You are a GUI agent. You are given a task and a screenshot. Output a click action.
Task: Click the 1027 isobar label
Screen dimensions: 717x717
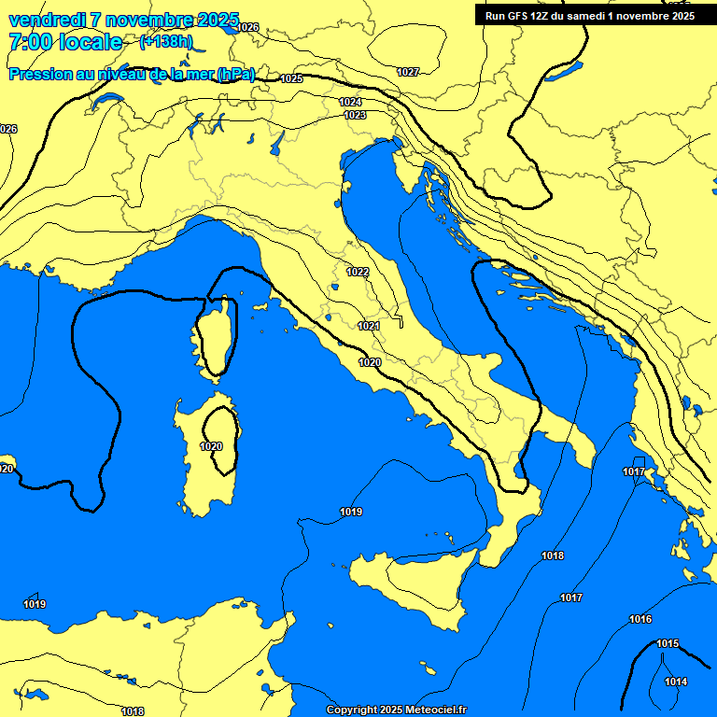tap(408, 72)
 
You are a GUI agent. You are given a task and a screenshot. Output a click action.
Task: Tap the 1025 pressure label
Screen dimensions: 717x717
tap(291, 79)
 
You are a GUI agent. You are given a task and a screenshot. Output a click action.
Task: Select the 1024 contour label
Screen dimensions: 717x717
tap(350, 102)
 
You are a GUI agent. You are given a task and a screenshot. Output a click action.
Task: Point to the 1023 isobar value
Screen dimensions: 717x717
tap(355, 115)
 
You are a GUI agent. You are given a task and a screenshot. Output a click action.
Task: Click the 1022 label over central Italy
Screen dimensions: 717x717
tap(357, 272)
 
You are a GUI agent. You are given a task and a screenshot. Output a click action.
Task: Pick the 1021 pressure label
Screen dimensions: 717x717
tap(368, 326)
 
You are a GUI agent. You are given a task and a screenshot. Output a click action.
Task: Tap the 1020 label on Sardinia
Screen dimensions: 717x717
tap(211, 446)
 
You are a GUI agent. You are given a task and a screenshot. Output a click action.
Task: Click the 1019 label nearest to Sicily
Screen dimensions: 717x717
tap(351, 512)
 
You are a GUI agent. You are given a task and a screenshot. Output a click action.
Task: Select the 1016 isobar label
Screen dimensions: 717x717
tap(640, 619)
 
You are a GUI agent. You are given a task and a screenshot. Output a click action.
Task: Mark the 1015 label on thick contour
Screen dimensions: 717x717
tap(668, 644)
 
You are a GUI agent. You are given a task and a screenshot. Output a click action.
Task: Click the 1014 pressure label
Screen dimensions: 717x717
tap(676, 682)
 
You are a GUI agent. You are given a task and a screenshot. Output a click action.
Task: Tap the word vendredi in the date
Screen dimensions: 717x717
tap(47, 21)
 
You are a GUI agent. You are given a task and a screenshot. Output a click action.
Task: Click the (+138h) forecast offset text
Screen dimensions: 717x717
tap(166, 41)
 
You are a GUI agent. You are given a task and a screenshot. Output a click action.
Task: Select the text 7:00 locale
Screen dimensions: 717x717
tap(65, 42)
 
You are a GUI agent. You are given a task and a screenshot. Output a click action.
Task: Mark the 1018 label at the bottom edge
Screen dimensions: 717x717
tap(133, 711)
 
